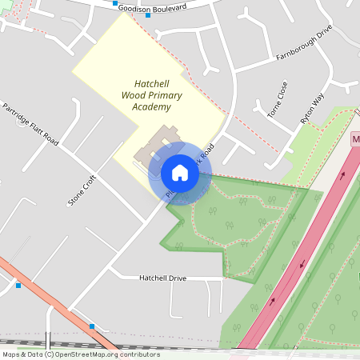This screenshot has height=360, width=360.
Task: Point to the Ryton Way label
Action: coord(312,108)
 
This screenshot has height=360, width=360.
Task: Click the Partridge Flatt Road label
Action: coord(31,123)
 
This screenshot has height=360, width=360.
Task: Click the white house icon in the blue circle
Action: coord(180,172)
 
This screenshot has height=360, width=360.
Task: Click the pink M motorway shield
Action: coord(355,139)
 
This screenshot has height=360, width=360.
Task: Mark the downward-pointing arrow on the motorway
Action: coord(302,264)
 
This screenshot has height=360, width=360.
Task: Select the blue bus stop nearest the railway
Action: coord(93,326)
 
